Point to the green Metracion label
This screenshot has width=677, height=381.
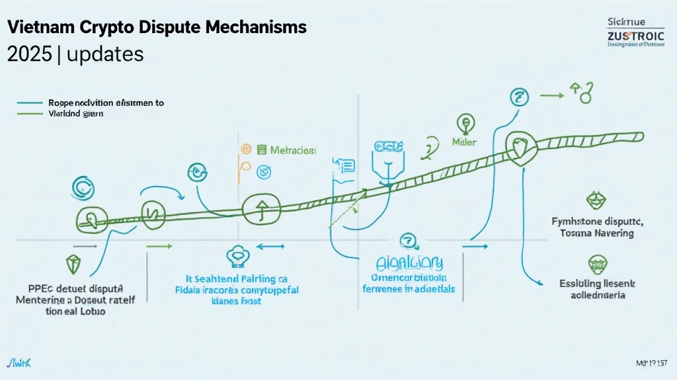coord(293,150)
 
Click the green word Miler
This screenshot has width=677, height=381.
coord(464,142)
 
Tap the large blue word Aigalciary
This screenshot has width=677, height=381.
coord(409,263)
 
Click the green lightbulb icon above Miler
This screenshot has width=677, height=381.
coord(465,123)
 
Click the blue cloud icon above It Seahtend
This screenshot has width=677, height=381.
coord(237,255)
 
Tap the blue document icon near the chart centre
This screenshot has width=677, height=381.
coord(345,167)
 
